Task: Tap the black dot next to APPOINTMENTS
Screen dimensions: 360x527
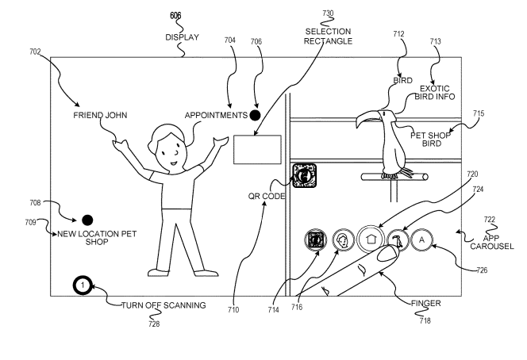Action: [255, 115]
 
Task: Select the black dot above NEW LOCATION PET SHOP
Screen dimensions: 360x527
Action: [87, 220]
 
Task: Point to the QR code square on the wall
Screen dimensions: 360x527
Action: [304, 176]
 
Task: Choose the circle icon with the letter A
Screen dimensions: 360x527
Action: [422, 238]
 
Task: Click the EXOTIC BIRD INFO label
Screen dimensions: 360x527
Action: [434, 93]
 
